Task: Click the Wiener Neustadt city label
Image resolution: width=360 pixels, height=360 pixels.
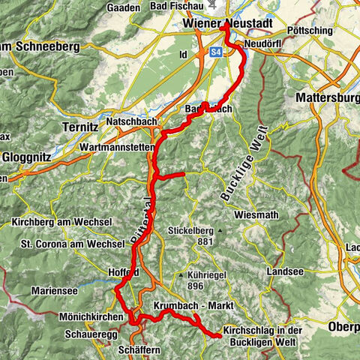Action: (226, 25)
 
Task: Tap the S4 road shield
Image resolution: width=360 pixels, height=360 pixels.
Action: (216, 52)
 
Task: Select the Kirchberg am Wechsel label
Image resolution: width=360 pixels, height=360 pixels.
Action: (61, 223)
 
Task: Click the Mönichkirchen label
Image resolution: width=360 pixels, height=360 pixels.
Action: (74, 317)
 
